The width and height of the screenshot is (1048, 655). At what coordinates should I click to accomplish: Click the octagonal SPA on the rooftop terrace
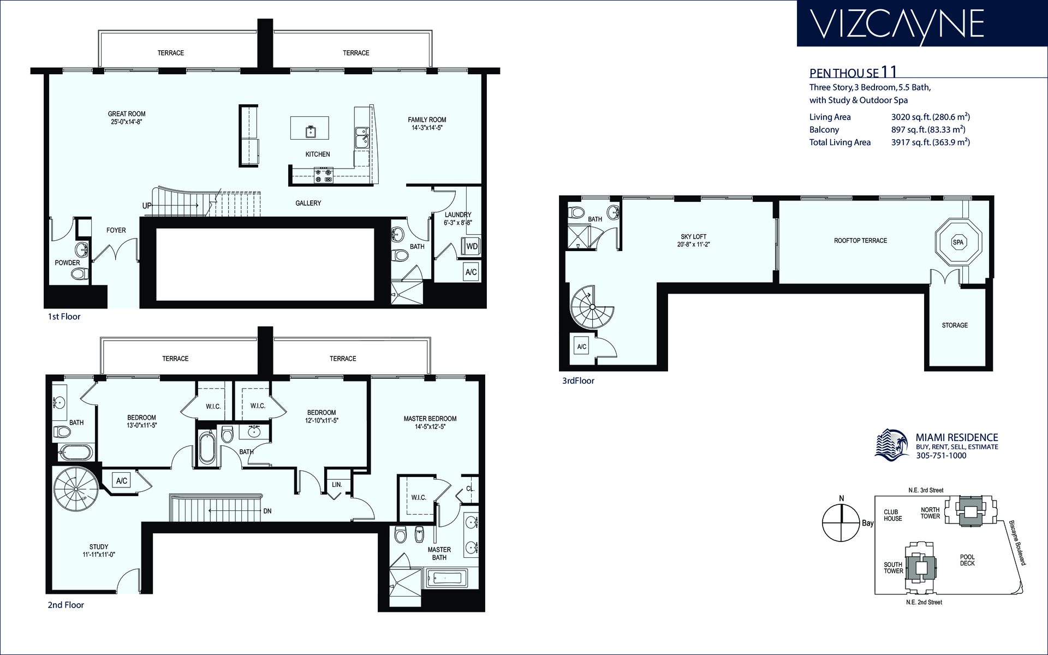tap(958, 242)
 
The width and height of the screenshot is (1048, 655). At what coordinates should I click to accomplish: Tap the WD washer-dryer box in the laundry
tap(472, 246)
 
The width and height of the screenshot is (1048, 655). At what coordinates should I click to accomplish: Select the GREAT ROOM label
tap(127, 114)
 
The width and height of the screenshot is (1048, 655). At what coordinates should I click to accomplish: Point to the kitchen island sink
tap(310, 130)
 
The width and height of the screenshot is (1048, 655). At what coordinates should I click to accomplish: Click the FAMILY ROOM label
tap(427, 120)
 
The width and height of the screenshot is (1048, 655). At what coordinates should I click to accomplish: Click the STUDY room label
tap(99, 546)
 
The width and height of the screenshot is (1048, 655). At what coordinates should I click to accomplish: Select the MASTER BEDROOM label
tap(430, 419)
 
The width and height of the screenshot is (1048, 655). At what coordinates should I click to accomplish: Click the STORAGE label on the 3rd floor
tap(955, 325)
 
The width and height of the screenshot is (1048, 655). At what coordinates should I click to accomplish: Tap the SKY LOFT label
tap(693, 237)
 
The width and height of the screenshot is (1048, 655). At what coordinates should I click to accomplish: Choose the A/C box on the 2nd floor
tap(122, 480)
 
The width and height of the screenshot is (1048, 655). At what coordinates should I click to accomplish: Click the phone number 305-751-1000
tap(941, 456)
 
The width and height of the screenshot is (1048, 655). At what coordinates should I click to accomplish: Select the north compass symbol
tap(842, 522)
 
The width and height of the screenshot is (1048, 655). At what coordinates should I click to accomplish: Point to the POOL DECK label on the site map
tap(967, 560)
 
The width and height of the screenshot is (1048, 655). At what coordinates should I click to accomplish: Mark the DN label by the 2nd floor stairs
tap(267, 511)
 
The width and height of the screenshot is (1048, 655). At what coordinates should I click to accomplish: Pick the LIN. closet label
tap(337, 485)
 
